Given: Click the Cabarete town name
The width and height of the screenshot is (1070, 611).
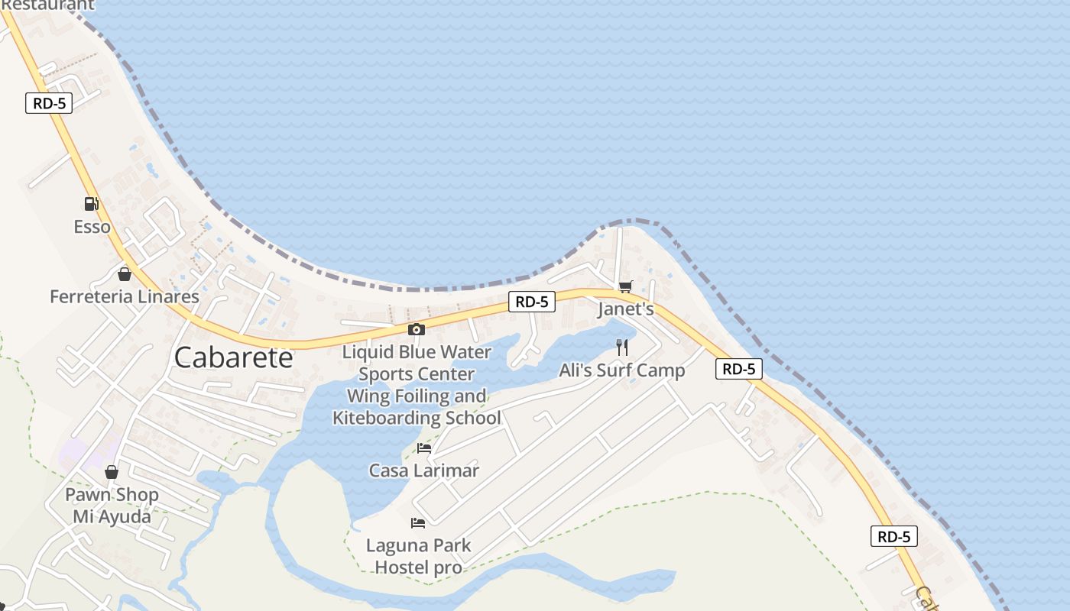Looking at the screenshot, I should pos(233,357).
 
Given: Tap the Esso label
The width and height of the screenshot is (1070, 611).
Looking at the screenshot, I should pos(92,227).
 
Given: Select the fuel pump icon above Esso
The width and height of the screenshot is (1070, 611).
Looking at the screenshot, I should pos(92,204).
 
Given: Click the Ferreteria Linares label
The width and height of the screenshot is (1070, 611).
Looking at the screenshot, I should pos(125,296).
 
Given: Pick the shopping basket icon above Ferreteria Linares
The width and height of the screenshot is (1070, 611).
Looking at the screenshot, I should pos(125,274).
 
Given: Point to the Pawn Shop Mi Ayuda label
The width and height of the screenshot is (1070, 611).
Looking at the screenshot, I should pos(112,506).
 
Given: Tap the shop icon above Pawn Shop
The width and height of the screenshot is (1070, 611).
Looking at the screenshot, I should pos(112,472).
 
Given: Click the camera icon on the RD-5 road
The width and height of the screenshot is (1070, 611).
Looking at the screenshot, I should pos(417,329).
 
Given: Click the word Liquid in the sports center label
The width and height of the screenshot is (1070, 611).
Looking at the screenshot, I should pos(368,352).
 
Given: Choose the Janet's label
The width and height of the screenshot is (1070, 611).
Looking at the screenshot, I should pos(626,309).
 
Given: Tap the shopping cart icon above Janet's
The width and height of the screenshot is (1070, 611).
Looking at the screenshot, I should pos(626,286).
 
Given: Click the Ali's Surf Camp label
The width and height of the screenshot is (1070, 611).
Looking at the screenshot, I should pos(622,370).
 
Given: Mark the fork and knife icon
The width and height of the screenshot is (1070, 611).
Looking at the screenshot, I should pos(622,348).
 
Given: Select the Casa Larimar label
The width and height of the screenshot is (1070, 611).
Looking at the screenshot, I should pos(424,470).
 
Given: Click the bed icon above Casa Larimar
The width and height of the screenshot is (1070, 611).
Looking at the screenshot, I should pos(424,448).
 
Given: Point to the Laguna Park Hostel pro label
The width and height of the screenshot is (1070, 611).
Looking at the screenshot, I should pos(418,556).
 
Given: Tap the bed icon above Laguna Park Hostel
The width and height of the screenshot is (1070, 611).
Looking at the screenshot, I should pos(418,523).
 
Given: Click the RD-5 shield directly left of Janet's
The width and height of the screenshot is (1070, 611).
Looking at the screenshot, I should pos(532,302).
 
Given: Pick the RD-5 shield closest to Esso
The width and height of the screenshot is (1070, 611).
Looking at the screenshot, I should pos(49,103).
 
